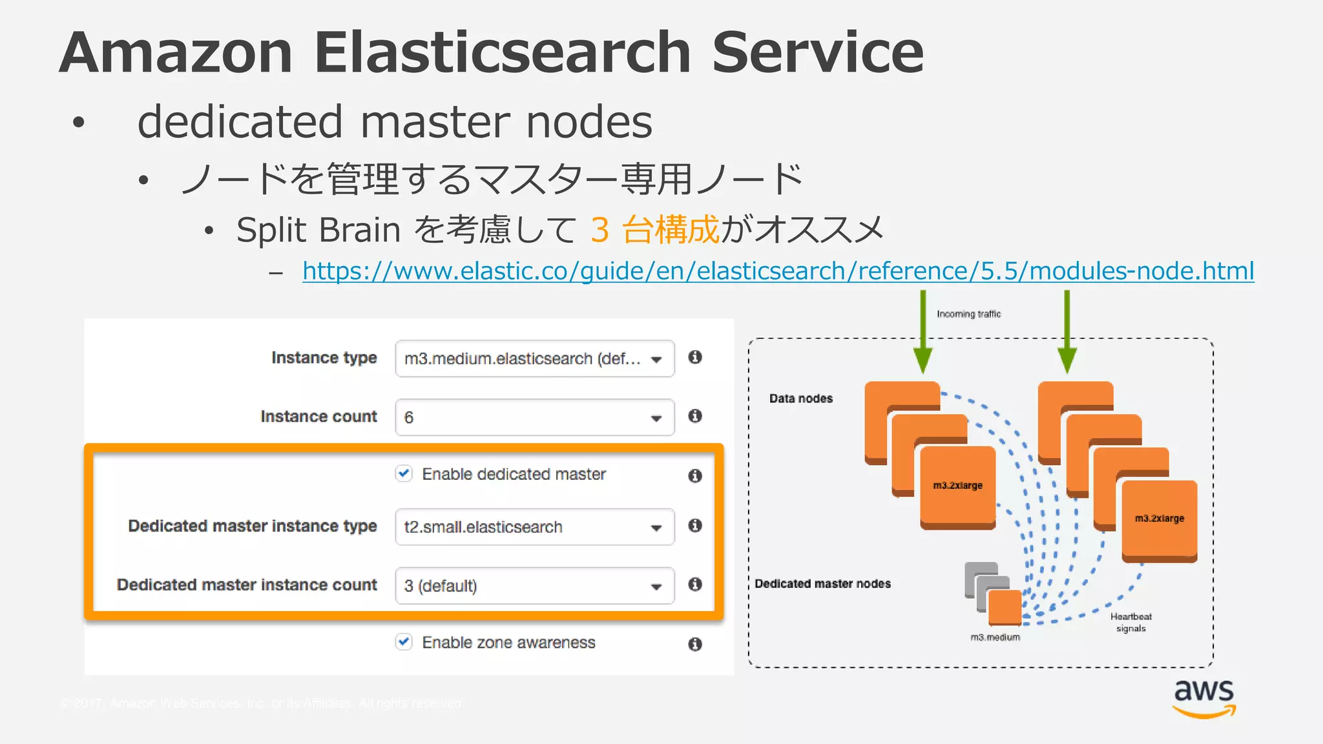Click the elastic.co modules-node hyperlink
click(778, 271)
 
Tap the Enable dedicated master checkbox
click(404, 473)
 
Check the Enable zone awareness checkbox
click(404, 642)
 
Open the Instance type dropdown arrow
click(656, 359)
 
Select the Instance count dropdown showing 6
click(534, 417)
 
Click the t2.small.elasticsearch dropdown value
click(483, 527)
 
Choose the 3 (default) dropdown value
click(441, 586)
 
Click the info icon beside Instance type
click(695, 357)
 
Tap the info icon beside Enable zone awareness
click(695, 644)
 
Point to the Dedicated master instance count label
click(247, 584)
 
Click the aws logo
click(1204, 698)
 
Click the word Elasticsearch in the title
click(503, 53)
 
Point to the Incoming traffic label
click(968, 314)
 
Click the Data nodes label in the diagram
click(801, 398)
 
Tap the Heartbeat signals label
click(1130, 622)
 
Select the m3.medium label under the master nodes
click(995, 637)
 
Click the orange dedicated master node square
click(1005, 607)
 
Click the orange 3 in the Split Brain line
click(599, 230)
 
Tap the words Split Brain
click(318, 230)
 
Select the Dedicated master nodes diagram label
click(822, 584)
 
